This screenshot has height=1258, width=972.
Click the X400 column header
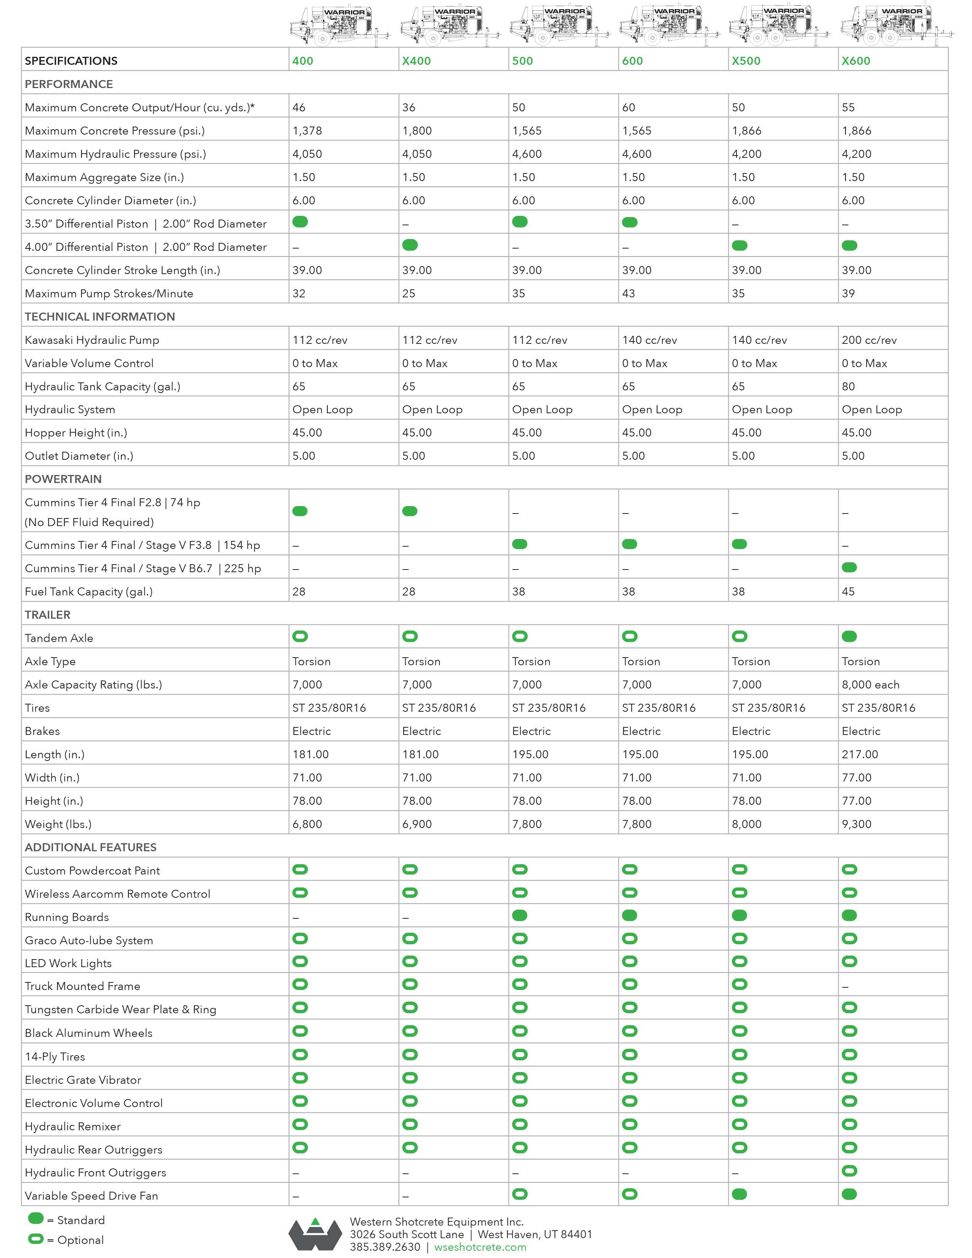coord(416,61)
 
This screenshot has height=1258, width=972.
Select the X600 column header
coord(856,61)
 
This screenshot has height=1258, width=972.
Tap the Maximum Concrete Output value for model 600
coord(629,108)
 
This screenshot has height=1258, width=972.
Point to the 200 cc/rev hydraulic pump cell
coord(869,340)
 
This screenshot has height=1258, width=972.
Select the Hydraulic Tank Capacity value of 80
coord(848,387)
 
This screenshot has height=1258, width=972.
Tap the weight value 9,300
coord(856,824)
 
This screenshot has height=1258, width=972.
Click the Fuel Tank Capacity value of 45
coord(848,592)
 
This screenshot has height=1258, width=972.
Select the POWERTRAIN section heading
coord(63,479)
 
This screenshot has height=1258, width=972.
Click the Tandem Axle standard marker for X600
coord(849,637)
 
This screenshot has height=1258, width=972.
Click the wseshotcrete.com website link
coord(480,1247)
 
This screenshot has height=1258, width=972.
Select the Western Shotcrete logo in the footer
coord(315,1234)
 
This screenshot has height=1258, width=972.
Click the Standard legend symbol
coord(36,1218)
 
